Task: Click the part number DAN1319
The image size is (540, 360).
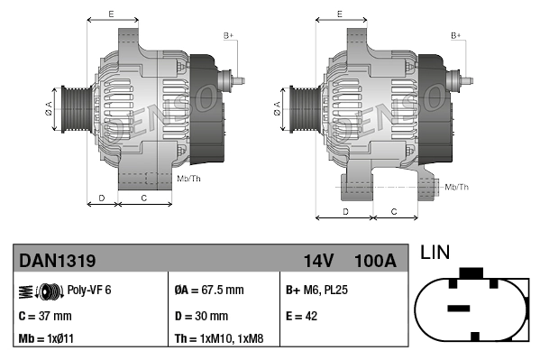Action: point(58,261)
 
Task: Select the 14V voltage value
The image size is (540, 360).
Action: point(318,261)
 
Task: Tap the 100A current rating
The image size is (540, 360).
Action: point(375,261)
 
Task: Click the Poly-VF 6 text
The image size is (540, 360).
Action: point(89,291)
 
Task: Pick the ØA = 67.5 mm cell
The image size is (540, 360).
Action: point(208,291)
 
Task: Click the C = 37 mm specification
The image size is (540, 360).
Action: point(45,316)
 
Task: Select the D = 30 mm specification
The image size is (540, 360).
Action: point(201,316)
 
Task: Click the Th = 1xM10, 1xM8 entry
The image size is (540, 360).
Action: point(220,339)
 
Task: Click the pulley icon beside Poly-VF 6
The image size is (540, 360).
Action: point(37,291)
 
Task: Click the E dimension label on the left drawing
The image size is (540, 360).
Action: point(111,14)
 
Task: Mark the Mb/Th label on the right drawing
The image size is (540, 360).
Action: point(457,187)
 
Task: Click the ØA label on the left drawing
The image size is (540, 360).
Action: point(49,109)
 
